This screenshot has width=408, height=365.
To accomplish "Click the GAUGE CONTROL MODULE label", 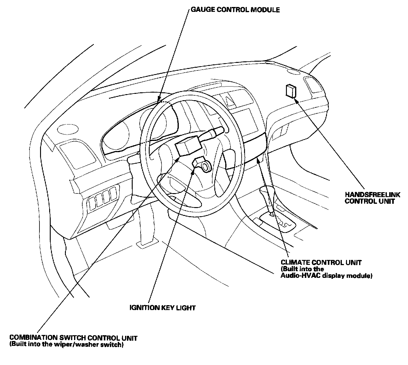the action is pos(235,10).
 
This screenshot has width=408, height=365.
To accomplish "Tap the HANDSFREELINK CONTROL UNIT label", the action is pos(372,198).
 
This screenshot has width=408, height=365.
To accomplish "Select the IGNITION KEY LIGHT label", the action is pos(162,308).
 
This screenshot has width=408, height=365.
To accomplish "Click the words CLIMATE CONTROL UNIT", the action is pos(321,262).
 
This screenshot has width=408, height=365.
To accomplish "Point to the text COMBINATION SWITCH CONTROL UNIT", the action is pos(73,338).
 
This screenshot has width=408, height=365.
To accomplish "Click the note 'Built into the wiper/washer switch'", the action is pos(66,344).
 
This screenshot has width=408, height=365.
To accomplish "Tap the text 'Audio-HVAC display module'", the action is pos(326,275).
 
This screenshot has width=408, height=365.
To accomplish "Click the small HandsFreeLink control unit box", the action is pos(291,91).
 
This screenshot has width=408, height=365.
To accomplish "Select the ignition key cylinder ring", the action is pos(206,167).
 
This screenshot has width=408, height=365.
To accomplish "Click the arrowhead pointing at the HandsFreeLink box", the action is pos(296,100).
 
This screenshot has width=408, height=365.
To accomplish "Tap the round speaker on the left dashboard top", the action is pos(68,129).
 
